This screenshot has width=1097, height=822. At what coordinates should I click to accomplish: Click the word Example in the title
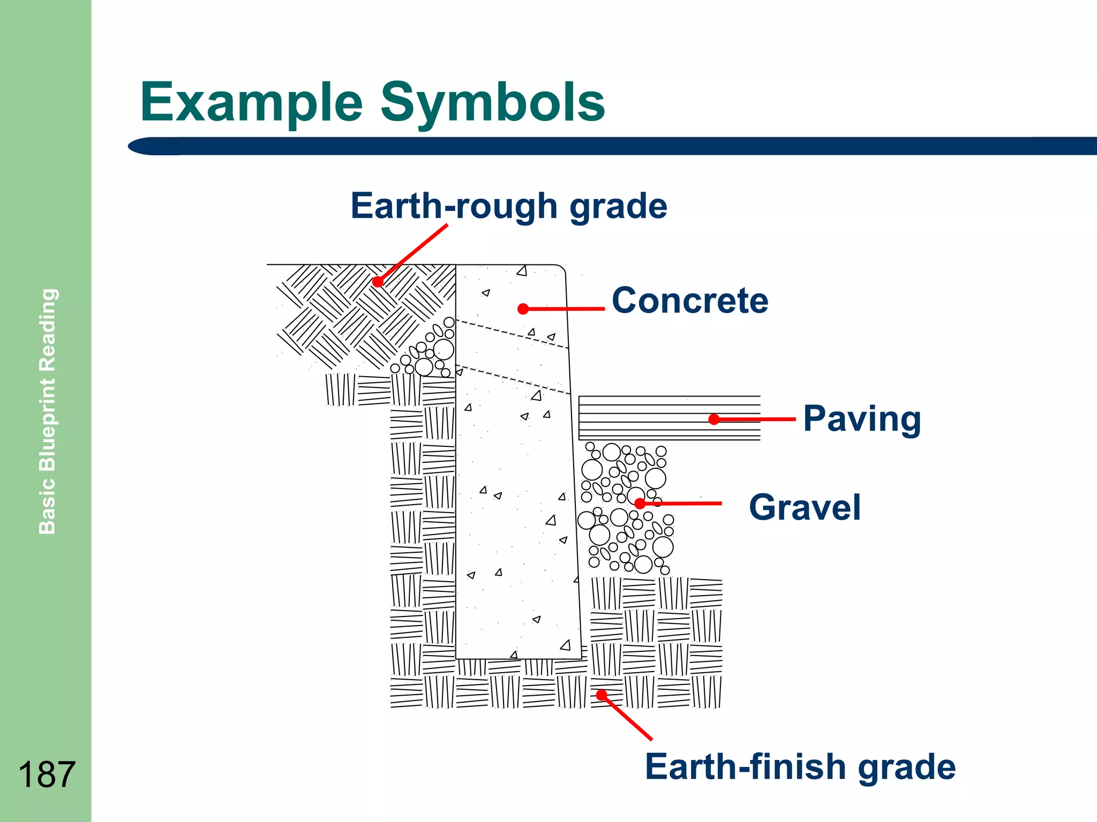252,103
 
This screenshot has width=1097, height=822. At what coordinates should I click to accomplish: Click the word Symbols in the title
493,103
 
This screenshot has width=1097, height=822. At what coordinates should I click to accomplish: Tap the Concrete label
690,301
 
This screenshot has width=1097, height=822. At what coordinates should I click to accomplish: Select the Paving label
862,419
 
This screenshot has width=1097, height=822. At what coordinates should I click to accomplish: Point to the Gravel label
805,507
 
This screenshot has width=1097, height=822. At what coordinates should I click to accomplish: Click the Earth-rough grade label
509,207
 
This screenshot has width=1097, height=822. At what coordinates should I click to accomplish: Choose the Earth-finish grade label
800,767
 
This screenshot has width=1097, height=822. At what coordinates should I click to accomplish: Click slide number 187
47,774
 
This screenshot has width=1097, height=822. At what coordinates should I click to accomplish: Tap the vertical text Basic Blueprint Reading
48,411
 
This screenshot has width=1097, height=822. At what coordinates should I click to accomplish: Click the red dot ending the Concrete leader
523,309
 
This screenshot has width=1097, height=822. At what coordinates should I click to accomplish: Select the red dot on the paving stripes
714,420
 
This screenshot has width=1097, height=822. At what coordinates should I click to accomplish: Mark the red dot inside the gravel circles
640,504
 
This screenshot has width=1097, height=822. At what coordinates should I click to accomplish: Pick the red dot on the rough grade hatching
378,281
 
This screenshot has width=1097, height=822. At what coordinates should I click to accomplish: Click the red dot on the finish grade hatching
602,695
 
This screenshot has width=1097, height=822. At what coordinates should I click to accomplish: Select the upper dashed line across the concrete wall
512,334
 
